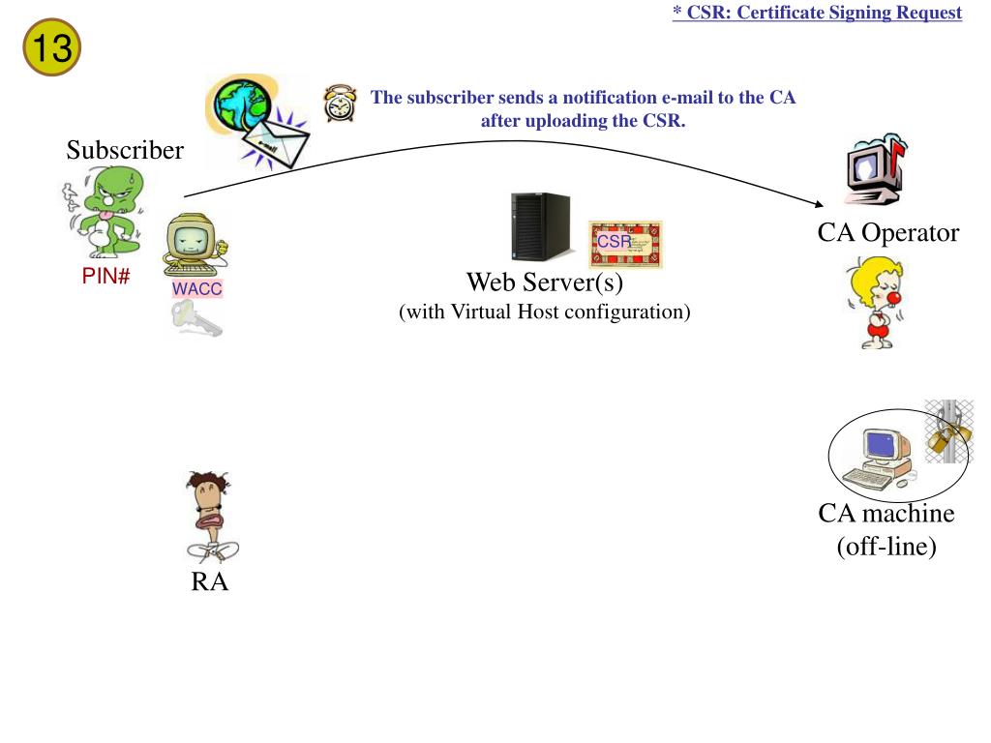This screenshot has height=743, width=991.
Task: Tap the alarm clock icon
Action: click(x=339, y=103)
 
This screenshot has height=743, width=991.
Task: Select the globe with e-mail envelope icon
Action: click(x=255, y=121)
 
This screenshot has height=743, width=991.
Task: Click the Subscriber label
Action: click(x=125, y=151)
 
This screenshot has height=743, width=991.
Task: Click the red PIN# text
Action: click(x=105, y=278)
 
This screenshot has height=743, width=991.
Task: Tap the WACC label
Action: click(x=197, y=289)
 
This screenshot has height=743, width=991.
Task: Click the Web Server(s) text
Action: click(x=545, y=282)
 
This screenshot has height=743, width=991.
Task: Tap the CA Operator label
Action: click(x=887, y=233)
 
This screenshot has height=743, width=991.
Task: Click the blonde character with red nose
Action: click(x=880, y=300)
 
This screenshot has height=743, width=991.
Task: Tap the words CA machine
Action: click(x=886, y=514)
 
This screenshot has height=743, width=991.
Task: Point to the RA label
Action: click(x=209, y=582)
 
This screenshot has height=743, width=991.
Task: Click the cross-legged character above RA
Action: click(x=210, y=517)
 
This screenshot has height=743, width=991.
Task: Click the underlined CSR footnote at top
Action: click(x=818, y=13)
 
